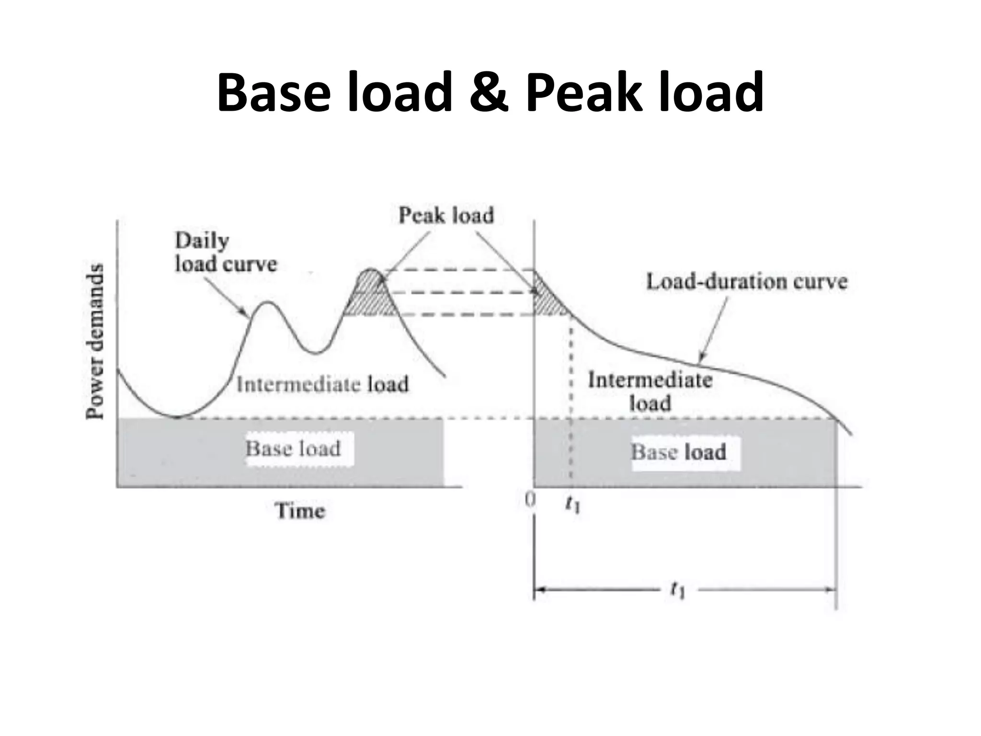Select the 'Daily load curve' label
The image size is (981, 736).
(x=225, y=253)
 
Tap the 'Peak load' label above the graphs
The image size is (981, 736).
(x=446, y=216)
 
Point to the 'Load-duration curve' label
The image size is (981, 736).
(x=746, y=282)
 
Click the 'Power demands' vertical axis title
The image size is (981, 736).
(x=95, y=341)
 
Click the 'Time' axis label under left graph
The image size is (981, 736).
(x=300, y=511)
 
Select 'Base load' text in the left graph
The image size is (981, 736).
(x=293, y=449)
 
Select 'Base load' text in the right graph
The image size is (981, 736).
(x=678, y=452)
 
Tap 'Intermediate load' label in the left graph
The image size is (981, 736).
(x=322, y=384)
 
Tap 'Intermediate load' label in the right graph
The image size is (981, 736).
(x=650, y=391)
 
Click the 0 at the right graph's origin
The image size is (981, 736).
(x=530, y=501)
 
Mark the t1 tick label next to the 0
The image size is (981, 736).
(x=572, y=504)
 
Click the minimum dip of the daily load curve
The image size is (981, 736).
(x=177, y=416)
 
